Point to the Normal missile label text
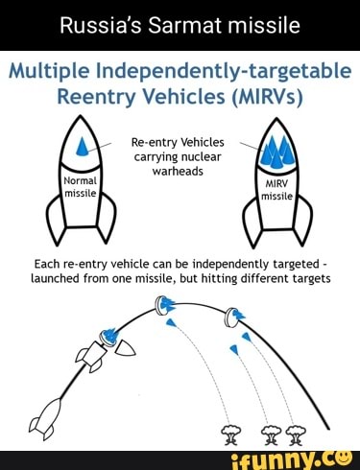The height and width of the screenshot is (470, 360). [81, 184]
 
